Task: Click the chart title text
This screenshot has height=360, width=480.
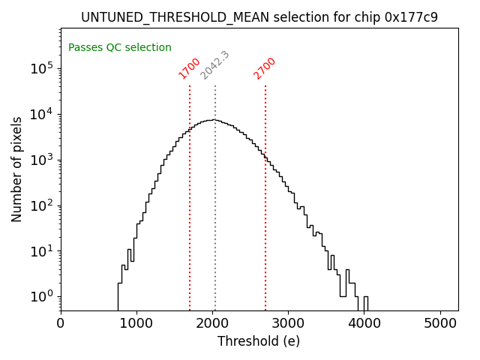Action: click(259, 17)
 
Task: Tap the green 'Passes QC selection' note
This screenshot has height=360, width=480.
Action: click(120, 47)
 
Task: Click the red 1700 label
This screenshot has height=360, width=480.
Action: click(189, 68)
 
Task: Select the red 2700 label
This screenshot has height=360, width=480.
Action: click(265, 68)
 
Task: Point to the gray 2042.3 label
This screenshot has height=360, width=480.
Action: click(214, 65)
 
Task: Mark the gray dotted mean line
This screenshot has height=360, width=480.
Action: click(215, 225)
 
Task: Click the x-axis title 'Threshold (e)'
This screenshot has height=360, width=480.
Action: click(259, 341)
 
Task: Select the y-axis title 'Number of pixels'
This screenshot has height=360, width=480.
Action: click(16, 169)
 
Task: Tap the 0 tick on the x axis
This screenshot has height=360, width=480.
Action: click(61, 324)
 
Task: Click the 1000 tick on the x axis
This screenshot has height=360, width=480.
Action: click(136, 324)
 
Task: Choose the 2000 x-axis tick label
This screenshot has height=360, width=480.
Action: click(212, 324)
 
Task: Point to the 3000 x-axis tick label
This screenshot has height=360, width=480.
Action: click(288, 324)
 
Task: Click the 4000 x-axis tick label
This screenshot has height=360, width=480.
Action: click(364, 324)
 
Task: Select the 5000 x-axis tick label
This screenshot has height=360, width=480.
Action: click(440, 324)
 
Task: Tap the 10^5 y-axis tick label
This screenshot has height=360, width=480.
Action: click(41, 68)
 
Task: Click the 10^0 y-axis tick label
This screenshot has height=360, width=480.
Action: click(41, 296)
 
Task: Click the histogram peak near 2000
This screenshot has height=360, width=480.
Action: click(214, 120)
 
